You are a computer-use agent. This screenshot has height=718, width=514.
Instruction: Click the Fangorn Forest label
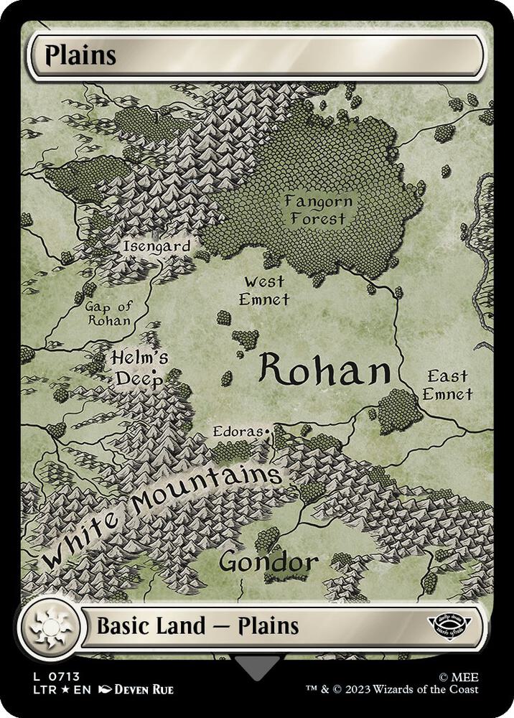(x=314, y=209)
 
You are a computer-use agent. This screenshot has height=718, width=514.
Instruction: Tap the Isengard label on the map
(x=156, y=246)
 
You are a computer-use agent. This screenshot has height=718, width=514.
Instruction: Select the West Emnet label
(x=264, y=289)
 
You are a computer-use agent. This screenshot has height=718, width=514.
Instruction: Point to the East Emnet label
(x=447, y=385)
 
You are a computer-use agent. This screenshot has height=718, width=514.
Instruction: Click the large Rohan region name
(x=324, y=369)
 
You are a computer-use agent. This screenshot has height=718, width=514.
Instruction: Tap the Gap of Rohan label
(x=109, y=313)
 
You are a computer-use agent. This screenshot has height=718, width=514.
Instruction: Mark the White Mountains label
(x=162, y=513)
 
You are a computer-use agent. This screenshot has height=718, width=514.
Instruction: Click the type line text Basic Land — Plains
(x=197, y=626)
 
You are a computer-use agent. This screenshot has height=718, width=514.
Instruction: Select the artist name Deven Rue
(x=143, y=690)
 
